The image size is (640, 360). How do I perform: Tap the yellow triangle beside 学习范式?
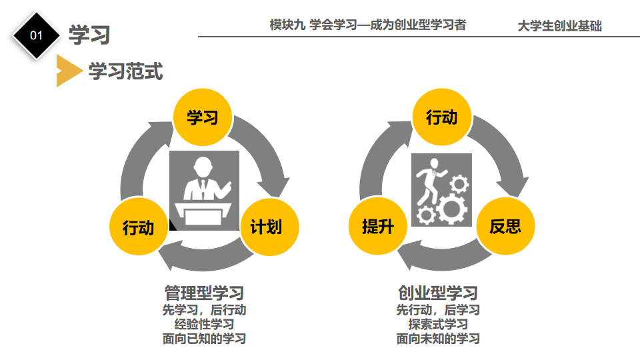coord(67,71)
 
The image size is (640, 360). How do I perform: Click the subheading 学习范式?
coord(126,71)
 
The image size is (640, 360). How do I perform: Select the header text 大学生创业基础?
coord(559,26)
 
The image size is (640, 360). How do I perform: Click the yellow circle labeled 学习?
coord(203,118)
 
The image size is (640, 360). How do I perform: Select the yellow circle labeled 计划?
coord(266,227)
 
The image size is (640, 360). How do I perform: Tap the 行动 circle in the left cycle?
coord(138,227)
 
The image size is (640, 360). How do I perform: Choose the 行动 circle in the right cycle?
coord(441,117)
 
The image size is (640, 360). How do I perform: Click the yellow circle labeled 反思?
coord(505,227)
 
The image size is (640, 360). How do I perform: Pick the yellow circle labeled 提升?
coord(377,227)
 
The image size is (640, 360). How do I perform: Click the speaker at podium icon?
coord(204,191)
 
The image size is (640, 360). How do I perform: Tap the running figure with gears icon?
coord(441,190)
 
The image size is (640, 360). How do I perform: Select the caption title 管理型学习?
coord(204,293)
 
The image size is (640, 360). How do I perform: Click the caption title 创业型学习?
coord(438,293)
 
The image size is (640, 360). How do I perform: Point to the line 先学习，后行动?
coord(204,310)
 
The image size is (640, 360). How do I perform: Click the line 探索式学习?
coord(438,325)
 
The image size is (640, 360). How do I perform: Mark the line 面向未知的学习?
coord(438,339)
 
